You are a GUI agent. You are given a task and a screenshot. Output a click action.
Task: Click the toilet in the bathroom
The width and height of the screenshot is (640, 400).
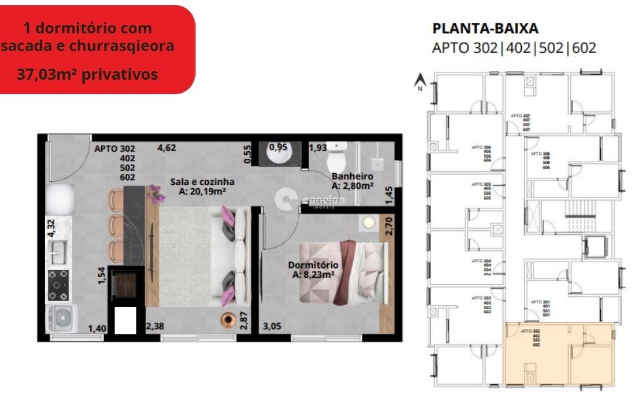tap(338, 156)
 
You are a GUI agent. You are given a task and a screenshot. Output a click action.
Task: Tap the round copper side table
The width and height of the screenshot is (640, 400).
tap(228, 320)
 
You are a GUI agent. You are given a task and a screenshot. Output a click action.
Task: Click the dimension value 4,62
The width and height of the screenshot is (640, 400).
tap(167, 148)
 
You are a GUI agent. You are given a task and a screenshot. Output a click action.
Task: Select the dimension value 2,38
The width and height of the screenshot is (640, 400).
tap(155, 326)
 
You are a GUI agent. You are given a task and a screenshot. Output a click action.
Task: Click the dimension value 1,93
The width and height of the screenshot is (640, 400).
tap(318, 148)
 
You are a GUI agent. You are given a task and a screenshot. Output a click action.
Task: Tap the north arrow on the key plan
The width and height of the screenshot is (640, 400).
tap(421, 81)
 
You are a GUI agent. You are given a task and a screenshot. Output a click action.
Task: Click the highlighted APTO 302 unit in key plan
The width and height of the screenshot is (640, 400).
tap(559, 354)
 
